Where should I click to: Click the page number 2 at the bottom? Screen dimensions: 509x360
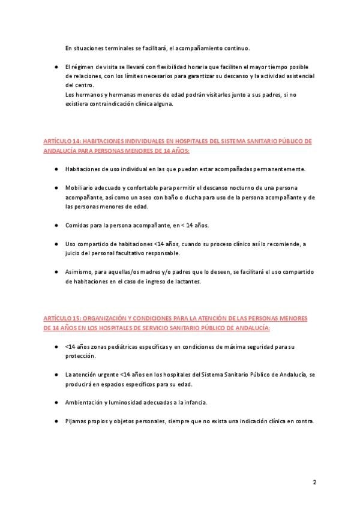click(314, 482)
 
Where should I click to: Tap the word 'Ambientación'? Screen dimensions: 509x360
click(85, 402)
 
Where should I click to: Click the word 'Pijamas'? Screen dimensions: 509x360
click(76, 421)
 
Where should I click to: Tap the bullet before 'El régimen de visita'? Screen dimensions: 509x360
click(55, 66)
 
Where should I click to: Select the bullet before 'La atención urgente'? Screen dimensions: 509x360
click(55, 374)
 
